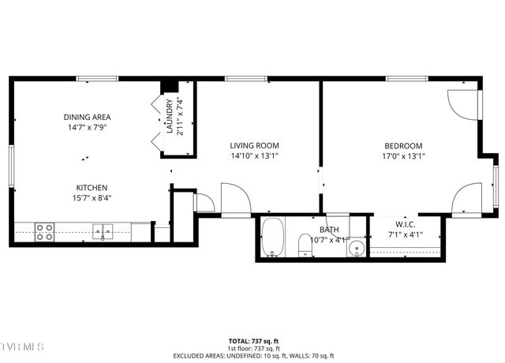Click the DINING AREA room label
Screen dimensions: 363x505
[x=87, y=117]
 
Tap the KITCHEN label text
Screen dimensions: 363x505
[x=92, y=187]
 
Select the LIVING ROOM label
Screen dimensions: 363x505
[x=254, y=145]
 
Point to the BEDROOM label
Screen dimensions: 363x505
[x=403, y=145]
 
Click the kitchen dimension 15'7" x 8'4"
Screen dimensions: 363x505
[x=92, y=197]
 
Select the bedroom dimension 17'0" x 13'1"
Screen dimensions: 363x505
[x=403, y=155]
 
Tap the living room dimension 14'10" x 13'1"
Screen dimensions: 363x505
[x=254, y=155]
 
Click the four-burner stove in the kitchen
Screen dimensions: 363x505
[x=45, y=231]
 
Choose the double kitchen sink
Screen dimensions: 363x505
[x=103, y=231]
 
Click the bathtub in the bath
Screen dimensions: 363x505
[x=273, y=238]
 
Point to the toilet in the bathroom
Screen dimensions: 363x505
[x=305, y=245]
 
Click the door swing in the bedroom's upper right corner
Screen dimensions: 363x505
[x=462, y=103]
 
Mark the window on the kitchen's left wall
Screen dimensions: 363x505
[x=11, y=167]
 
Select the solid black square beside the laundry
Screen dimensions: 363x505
[x=168, y=86]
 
